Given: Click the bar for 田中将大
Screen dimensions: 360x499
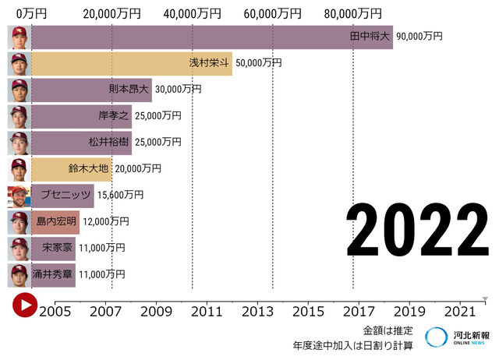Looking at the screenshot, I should point(211,37).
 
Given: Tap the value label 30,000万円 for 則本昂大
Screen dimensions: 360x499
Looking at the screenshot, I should point(178,90).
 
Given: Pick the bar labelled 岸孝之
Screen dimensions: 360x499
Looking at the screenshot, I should point(81,116).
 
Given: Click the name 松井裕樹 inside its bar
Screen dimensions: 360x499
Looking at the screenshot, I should point(109,143).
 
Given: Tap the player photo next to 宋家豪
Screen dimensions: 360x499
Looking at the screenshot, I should point(19,249).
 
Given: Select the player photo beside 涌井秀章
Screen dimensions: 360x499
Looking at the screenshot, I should point(19,275).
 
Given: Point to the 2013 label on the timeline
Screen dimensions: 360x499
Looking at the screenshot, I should point(257,311).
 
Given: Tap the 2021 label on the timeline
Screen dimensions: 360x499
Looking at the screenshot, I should point(459,311).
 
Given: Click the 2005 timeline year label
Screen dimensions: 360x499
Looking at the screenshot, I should point(56,311).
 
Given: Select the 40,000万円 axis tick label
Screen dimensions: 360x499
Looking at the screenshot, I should point(191,13).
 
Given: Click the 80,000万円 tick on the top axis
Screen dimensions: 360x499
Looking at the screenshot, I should point(353,13).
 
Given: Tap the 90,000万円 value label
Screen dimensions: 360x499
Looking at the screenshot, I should point(419,37).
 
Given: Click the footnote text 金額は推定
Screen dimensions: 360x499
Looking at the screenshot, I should point(388,330).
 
